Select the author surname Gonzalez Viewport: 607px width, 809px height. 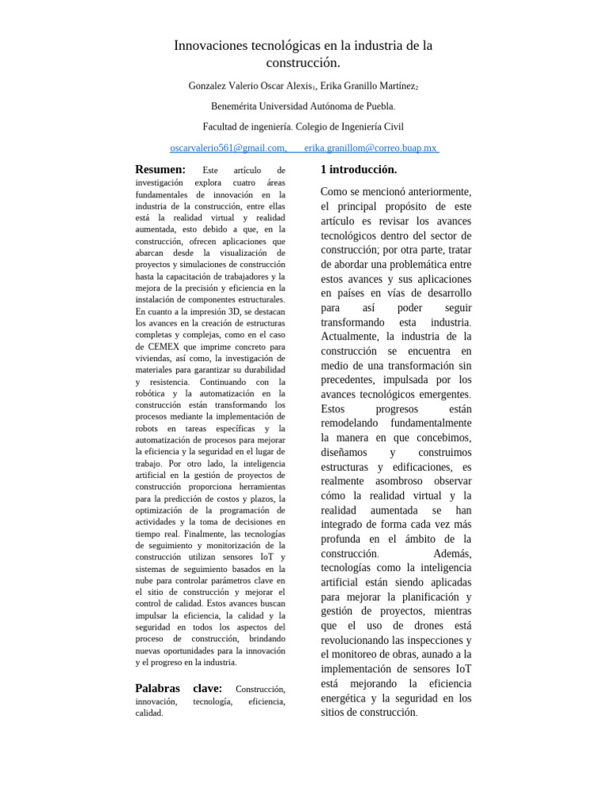211,85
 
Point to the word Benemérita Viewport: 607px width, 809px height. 237,106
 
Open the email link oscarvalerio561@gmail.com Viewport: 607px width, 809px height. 228,148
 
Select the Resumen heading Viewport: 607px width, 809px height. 160,170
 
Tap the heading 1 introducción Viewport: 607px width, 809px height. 358,170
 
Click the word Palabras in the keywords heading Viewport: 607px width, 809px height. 157,689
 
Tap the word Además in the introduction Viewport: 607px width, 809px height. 452,553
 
